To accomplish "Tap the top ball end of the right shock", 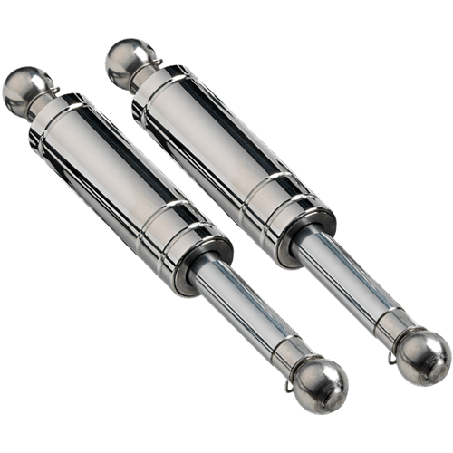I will pyautogui.click(x=126, y=58).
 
